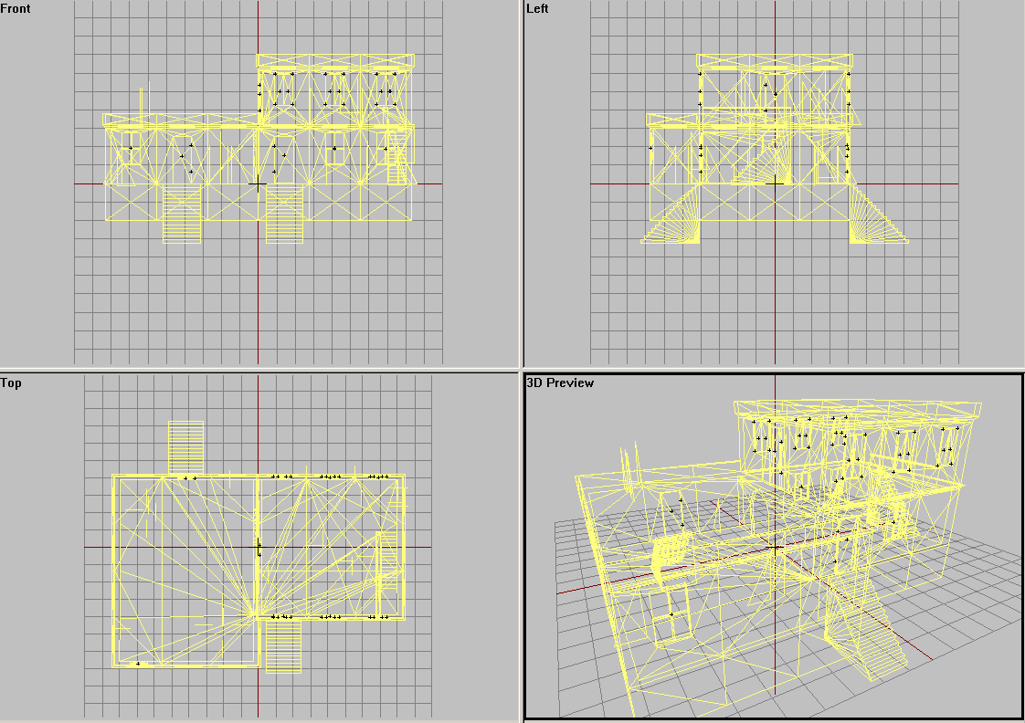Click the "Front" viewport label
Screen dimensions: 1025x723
15,8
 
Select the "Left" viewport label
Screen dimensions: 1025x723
537,8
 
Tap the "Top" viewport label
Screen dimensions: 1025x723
11,382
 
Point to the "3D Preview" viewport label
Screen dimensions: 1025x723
560,382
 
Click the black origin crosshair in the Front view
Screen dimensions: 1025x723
258,184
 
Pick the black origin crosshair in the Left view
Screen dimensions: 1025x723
775,184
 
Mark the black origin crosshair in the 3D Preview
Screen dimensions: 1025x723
776,548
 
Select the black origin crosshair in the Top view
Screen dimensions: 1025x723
259,548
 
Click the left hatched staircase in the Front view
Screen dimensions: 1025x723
182,214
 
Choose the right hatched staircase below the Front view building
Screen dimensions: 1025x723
284,214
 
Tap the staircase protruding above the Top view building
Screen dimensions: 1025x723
185,447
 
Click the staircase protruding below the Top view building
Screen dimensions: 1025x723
283,645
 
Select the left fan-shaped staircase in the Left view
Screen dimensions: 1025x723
671,215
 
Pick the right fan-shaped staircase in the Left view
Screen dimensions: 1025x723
878,215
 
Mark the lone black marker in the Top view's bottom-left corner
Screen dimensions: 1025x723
138,664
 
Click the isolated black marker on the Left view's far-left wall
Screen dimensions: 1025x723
650,148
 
